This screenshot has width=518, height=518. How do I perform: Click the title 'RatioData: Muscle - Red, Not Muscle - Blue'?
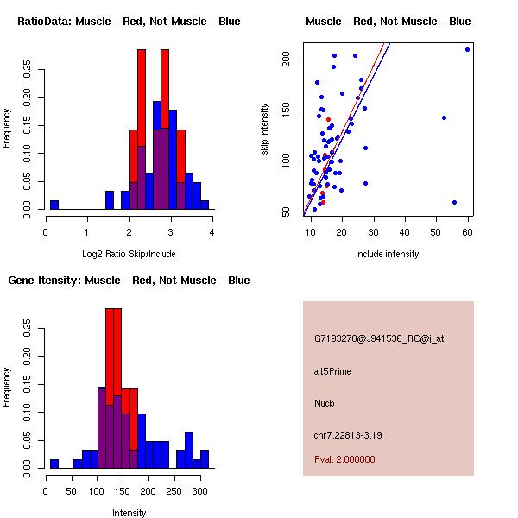coord(129,21)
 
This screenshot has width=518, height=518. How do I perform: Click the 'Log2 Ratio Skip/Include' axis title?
coord(129,254)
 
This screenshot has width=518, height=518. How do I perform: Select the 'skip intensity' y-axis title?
coord(266,129)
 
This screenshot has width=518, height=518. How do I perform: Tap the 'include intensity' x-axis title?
coord(388,254)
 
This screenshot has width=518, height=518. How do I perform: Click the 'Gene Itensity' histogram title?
coord(129,280)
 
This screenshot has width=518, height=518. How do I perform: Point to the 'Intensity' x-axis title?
coord(129,513)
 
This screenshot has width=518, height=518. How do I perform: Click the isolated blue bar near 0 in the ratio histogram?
coord(54,205)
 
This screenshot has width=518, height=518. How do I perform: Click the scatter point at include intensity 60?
coord(467,49)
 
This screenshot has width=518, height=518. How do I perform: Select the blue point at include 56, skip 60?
coord(454,202)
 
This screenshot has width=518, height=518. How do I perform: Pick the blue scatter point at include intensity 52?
coord(444,117)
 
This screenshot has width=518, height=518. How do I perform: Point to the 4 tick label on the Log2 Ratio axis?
coord(212,231)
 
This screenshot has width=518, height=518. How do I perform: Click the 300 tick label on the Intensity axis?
coord(199,490)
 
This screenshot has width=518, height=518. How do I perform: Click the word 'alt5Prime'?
coord(332,371)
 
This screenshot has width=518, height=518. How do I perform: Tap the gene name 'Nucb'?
coord(325,402)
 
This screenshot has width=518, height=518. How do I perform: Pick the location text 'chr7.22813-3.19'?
coord(348,434)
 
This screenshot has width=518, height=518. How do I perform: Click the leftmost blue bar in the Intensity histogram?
coord(54,464)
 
